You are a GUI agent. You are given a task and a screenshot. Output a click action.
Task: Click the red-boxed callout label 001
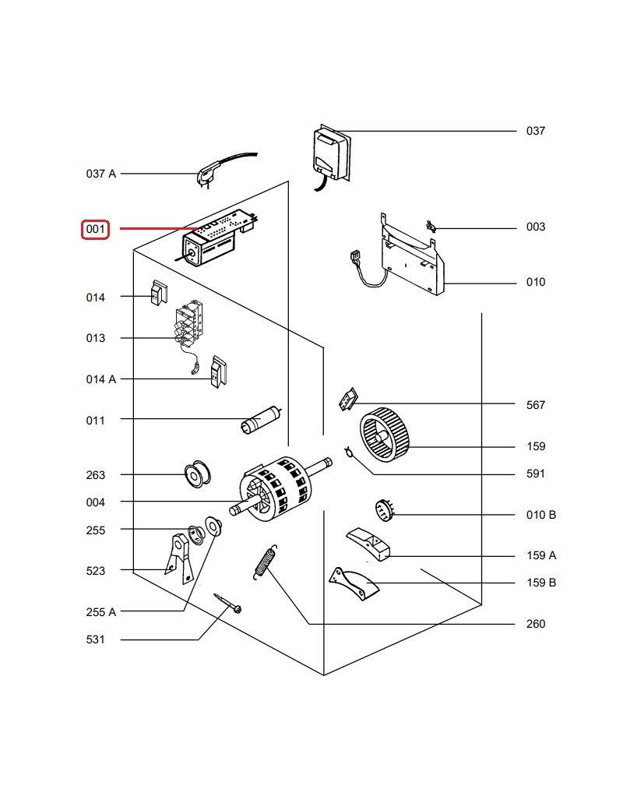click(96, 230)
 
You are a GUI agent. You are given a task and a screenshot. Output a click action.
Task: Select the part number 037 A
click(100, 174)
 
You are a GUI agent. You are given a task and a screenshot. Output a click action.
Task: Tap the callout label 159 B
click(541, 583)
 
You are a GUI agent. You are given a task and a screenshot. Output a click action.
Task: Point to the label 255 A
click(100, 612)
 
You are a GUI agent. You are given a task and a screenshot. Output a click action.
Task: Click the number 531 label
click(95, 640)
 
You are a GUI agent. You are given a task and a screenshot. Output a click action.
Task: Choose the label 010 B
click(541, 515)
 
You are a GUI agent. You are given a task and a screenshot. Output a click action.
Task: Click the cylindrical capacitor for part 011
click(260, 421)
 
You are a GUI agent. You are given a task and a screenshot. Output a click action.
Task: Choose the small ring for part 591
click(350, 451)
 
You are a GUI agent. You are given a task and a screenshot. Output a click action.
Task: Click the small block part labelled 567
click(347, 400)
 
